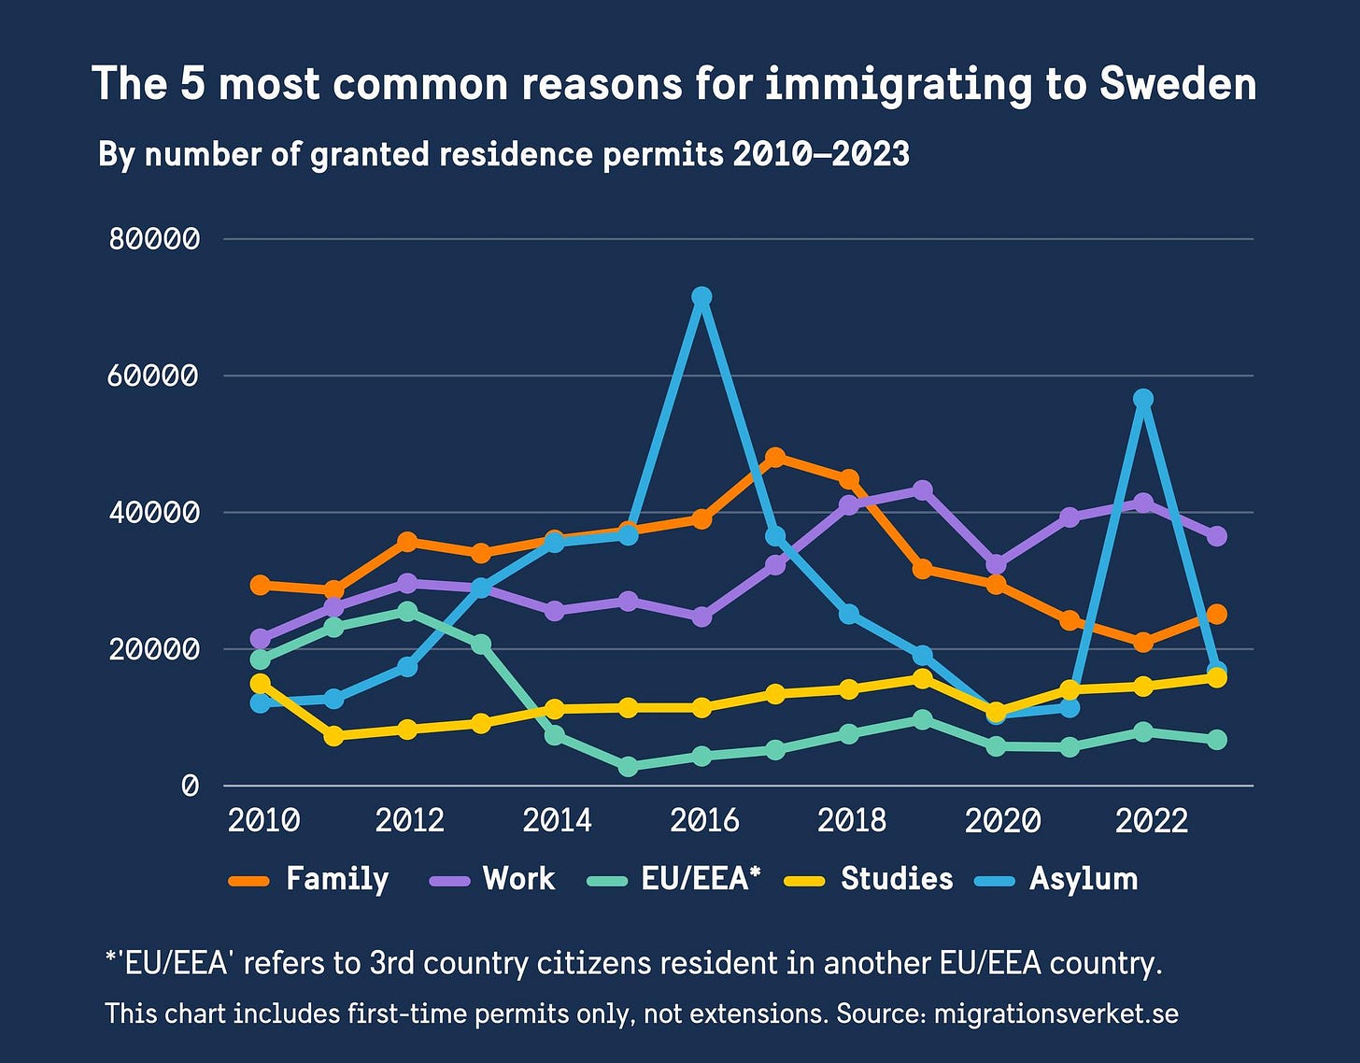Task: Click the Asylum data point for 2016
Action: [x=701, y=297]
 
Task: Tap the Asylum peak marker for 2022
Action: [x=1142, y=399]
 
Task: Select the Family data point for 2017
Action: [x=775, y=457]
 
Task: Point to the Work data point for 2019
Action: [x=923, y=490]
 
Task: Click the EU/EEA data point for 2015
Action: [x=628, y=766]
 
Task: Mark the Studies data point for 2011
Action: [x=333, y=736]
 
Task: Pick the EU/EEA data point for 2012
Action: [x=407, y=611]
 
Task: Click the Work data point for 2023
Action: [x=1216, y=536]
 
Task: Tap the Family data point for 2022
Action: [x=1142, y=642]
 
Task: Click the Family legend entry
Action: [x=310, y=879]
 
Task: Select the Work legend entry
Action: [x=492, y=879]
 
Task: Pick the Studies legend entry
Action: [x=870, y=879]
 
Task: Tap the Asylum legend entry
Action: [x=1056, y=879]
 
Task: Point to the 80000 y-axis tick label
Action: [x=154, y=239]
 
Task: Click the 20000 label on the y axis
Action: [x=154, y=649]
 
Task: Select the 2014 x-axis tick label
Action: [x=557, y=821]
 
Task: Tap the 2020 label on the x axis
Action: [x=1002, y=821]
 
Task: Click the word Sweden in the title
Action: [x=1177, y=84]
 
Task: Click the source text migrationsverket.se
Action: [x=1055, y=1013]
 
